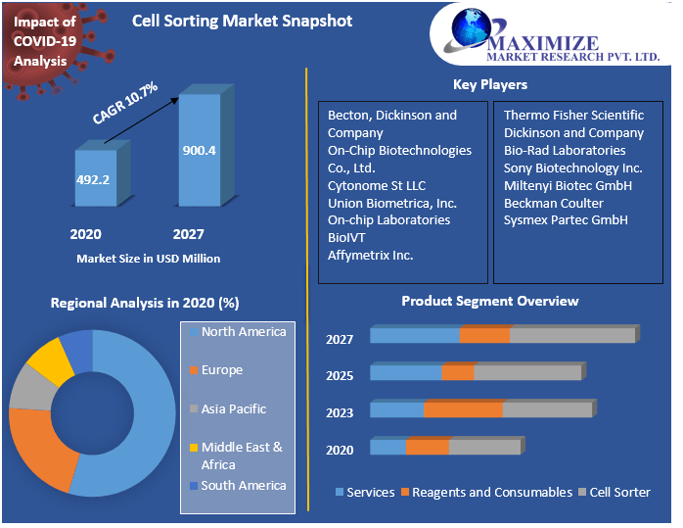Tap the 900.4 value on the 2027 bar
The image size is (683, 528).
(x=199, y=150)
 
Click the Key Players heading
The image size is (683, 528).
(x=489, y=84)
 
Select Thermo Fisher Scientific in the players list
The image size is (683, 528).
(x=573, y=116)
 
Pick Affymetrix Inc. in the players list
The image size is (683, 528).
(x=370, y=256)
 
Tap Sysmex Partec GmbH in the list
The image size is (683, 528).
(x=566, y=219)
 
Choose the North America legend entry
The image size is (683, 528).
(x=243, y=332)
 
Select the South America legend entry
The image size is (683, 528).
(x=243, y=486)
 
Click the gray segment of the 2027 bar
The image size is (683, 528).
(x=572, y=336)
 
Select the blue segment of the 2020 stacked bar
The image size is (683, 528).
(x=387, y=448)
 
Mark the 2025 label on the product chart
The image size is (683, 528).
(x=340, y=376)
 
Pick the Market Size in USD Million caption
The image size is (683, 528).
(x=148, y=259)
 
